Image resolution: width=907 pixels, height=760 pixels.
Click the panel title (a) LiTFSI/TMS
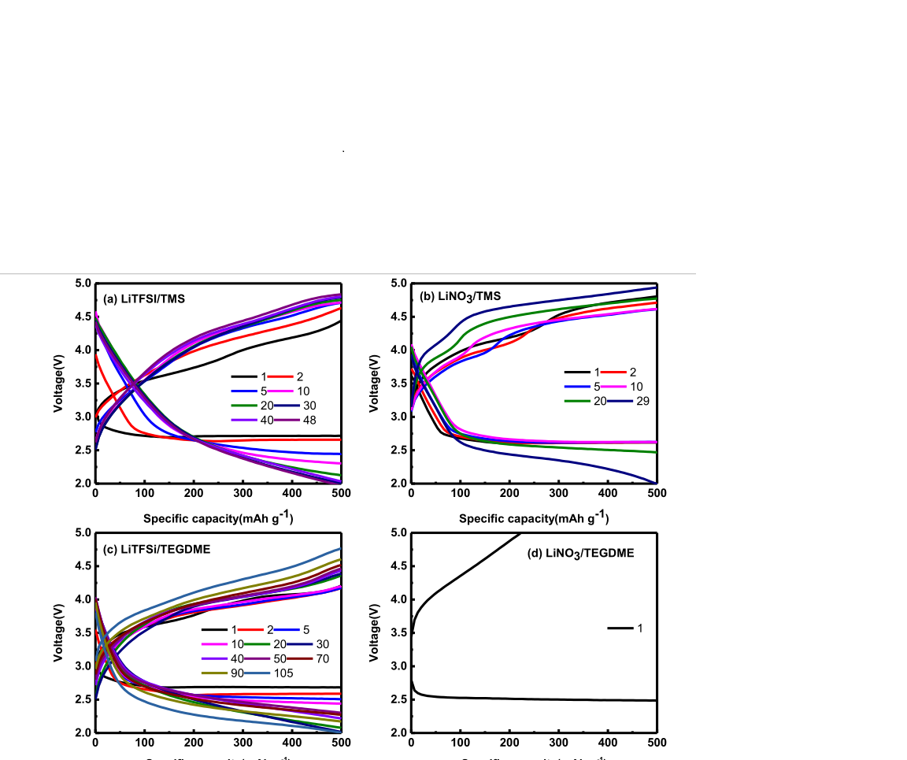(144, 298)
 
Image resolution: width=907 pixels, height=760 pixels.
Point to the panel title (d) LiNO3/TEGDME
(580, 554)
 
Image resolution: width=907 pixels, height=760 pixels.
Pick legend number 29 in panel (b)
(642, 401)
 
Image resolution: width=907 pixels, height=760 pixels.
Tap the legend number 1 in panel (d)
(640, 628)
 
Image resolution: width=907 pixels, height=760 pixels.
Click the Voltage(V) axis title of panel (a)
(58, 384)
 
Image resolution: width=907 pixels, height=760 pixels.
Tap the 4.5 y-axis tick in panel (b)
(398, 317)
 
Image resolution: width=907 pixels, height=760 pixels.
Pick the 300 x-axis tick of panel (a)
(242, 494)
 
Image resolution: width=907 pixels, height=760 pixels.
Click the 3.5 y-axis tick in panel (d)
(398, 632)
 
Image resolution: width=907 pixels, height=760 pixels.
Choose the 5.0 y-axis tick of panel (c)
(82, 533)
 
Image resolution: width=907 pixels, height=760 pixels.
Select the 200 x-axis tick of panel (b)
(509, 494)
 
